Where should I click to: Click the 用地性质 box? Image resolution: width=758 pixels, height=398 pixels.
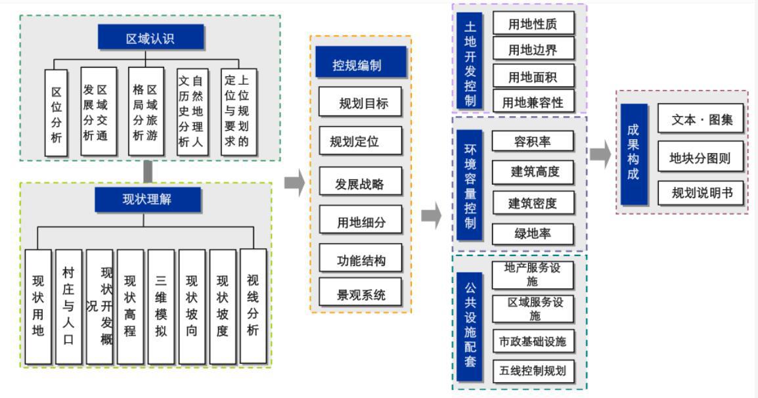click(533, 24)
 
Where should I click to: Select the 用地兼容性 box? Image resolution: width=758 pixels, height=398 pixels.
click(533, 102)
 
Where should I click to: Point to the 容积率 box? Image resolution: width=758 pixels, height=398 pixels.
click(533, 141)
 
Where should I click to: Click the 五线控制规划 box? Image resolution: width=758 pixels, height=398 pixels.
click(533, 371)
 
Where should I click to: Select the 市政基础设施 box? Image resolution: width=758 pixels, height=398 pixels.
click(533, 341)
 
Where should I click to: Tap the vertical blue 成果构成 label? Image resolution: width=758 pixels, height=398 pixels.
click(634, 154)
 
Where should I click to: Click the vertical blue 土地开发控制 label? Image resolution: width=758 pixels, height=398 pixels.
click(470, 57)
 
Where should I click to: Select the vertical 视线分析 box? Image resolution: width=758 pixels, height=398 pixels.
click(253, 306)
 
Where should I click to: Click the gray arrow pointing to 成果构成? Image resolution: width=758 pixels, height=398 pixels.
click(600, 155)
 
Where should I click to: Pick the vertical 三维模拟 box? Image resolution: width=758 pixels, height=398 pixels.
click(161, 306)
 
